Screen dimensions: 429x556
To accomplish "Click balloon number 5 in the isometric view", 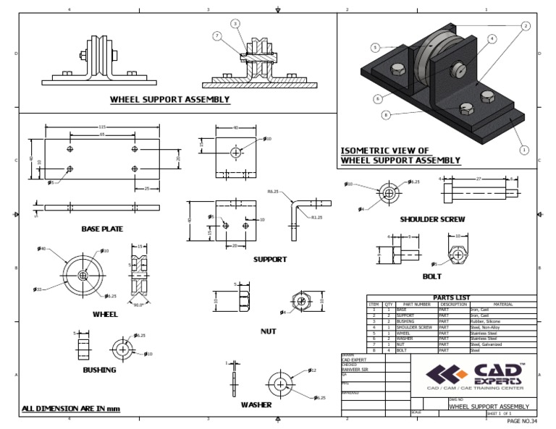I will (x=375, y=48).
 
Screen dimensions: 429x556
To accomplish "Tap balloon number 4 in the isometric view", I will (x=492, y=38).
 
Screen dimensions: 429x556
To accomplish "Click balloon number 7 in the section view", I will (x=216, y=35).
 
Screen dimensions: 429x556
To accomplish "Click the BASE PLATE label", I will (x=101, y=229).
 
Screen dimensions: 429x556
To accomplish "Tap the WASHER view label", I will (x=256, y=405).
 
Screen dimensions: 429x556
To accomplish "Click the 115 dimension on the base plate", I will (x=102, y=127).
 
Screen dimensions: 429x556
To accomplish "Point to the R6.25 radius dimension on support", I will (x=273, y=192).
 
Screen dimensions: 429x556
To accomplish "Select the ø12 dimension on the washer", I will (x=312, y=370).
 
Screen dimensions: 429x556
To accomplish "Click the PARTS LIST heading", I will (x=451, y=297).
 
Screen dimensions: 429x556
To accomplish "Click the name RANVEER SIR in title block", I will (x=355, y=368).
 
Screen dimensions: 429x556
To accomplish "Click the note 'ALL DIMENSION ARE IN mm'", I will (x=71, y=409).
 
